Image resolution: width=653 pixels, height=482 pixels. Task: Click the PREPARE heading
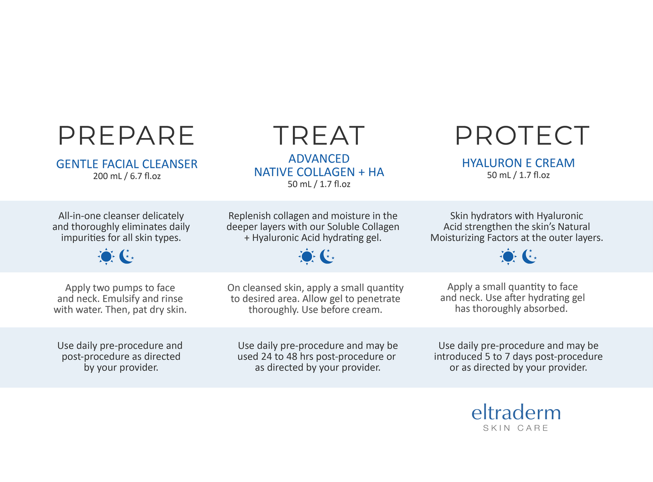pyautogui.click(x=126, y=135)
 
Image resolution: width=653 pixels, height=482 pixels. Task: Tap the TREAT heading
pyautogui.click(x=319, y=135)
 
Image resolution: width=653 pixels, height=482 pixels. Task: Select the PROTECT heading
pyautogui.click(x=522, y=135)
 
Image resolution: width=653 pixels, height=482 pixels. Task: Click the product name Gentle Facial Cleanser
pyautogui.click(x=127, y=164)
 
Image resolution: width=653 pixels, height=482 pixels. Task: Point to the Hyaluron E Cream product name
pyautogui.click(x=518, y=163)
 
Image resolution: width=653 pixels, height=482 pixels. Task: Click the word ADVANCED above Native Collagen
pyautogui.click(x=319, y=159)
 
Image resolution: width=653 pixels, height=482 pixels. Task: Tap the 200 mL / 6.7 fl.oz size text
pyautogui.click(x=127, y=176)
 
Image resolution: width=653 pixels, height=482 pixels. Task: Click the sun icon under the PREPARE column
pyautogui.click(x=106, y=257)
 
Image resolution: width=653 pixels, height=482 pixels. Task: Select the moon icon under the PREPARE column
pyautogui.click(x=127, y=256)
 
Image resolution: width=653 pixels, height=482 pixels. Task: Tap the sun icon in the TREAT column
pyautogui.click(x=307, y=257)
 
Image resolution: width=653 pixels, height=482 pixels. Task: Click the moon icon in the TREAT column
pyautogui.click(x=327, y=256)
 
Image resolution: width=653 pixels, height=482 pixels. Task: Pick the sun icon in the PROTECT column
pyautogui.click(x=508, y=257)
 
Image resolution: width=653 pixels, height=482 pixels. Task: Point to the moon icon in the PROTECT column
pyautogui.click(x=529, y=256)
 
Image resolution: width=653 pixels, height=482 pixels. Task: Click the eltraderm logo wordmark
pyautogui.click(x=516, y=412)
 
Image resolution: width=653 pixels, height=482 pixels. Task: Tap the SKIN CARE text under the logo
pyautogui.click(x=516, y=428)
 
